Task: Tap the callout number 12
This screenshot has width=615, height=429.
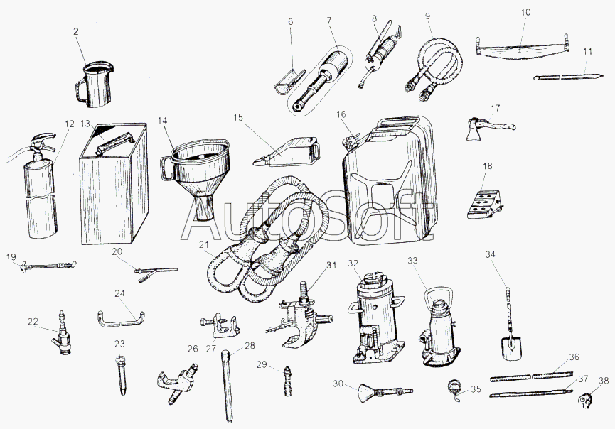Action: coord(70,124)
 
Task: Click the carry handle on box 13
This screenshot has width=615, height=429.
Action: coord(115,142)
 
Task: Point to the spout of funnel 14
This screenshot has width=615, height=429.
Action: coord(204,208)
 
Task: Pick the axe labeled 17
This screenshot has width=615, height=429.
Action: coord(488,128)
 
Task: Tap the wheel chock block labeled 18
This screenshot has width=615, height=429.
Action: coord(485,204)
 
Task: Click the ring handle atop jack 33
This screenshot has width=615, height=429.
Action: coord(440,296)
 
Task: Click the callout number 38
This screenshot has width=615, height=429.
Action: coord(604,381)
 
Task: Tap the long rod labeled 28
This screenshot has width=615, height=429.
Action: coord(228,386)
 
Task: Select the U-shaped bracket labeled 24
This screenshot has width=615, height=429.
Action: coord(121,320)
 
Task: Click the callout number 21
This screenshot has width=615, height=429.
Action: coord(204,246)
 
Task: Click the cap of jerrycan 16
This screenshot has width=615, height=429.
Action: coord(351,140)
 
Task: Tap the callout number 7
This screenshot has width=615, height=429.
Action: coord(329,21)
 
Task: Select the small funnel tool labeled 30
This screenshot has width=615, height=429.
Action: coord(385,390)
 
